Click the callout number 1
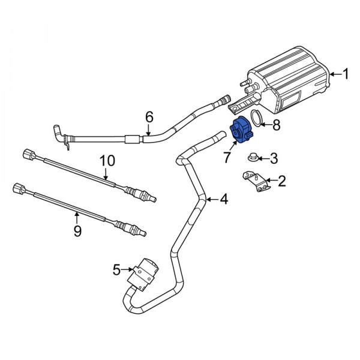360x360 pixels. (345, 74)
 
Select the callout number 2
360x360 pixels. (281, 179)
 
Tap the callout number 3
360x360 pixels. (274, 158)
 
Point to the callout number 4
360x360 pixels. (224, 199)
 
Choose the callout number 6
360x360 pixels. (149, 116)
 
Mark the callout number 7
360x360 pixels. (227, 158)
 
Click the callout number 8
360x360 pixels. (276, 125)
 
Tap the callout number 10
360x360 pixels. (106, 161)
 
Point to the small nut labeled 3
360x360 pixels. (253, 158)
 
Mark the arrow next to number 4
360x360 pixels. (210, 199)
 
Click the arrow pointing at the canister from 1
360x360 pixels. (334, 74)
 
